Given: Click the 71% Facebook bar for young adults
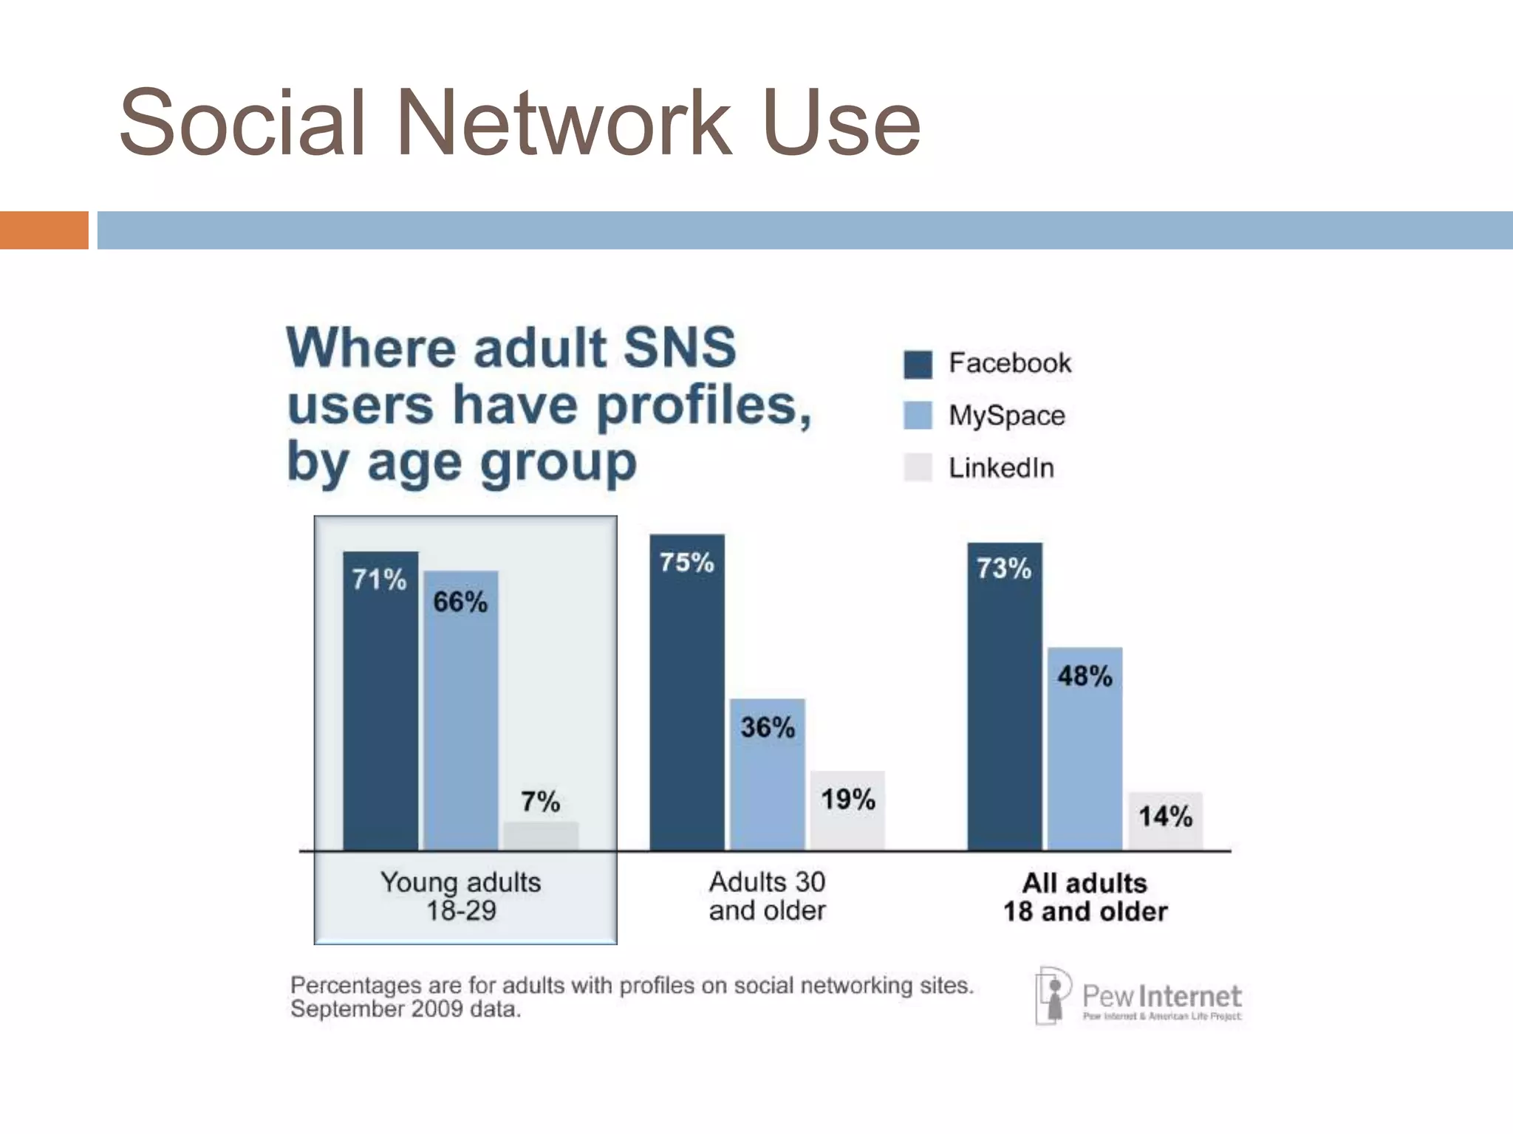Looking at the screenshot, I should point(380,701).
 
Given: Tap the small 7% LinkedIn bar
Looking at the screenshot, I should point(541,836).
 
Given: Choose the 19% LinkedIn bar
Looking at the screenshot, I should point(847,810).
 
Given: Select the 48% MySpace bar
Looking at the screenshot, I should point(1085,749).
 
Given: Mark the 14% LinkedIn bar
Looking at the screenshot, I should point(1165,820).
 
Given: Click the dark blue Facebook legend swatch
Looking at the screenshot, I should point(918,364).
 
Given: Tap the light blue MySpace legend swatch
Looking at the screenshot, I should point(918,416).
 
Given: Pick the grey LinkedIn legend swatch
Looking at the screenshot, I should point(918,468).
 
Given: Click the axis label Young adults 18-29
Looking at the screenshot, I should point(461,896).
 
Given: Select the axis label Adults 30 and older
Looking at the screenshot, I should point(768,896).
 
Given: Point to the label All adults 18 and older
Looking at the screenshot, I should point(1085,897).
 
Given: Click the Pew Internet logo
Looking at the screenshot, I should point(1138,997).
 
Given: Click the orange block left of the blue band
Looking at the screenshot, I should point(44,230).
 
